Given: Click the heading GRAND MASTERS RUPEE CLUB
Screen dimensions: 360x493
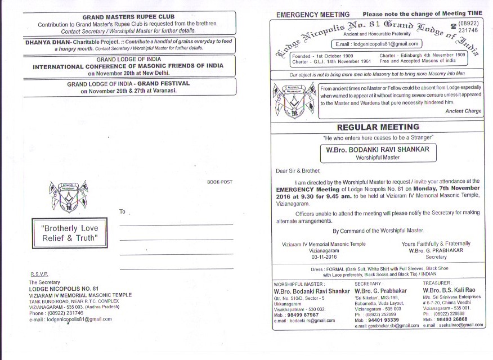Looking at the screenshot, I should [x=128, y=17].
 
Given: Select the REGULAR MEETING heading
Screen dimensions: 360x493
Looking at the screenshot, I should [x=378, y=127].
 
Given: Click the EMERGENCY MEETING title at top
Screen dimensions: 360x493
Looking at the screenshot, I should [x=313, y=14].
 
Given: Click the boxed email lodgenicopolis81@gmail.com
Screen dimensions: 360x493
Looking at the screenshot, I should [x=377, y=43].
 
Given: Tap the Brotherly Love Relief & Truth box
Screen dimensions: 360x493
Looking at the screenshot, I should [x=70, y=233].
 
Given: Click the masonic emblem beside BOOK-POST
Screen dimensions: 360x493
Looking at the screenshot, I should [x=68, y=197].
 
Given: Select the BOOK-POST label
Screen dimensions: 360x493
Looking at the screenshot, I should [x=219, y=182].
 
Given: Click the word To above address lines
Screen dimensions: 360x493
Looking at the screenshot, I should [x=123, y=211].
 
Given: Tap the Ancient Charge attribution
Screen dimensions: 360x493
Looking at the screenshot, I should [x=463, y=111].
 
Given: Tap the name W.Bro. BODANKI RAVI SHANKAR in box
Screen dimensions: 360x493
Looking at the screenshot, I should [x=378, y=150].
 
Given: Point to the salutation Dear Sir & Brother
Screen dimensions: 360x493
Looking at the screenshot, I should [x=298, y=170].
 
